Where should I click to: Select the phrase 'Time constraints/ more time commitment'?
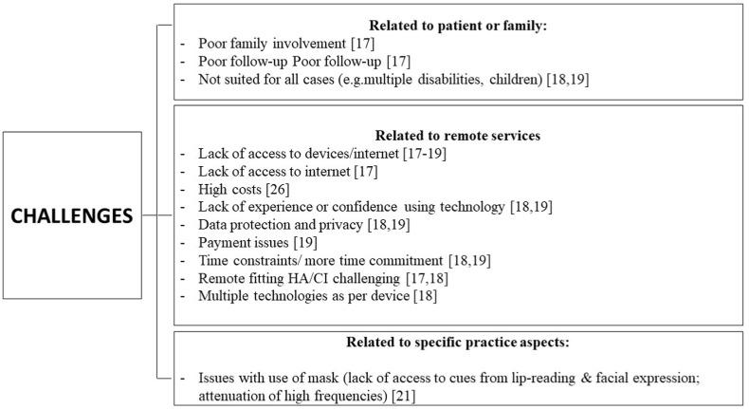[319, 259]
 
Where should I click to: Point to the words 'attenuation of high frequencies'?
[297, 393]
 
